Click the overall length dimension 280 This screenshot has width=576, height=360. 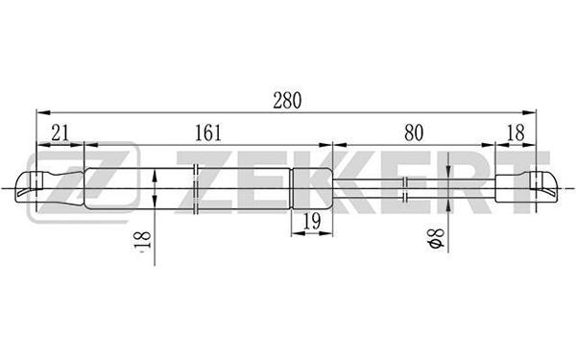[287, 101]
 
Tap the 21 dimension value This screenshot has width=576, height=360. [60, 132]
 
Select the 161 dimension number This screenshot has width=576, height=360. [208, 132]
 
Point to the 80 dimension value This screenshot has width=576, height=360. [414, 132]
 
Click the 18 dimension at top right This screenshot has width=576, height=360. [516, 132]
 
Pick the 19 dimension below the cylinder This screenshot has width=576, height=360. [312, 221]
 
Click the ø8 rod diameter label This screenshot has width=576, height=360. [437, 238]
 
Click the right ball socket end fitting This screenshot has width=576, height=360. [526, 188]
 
